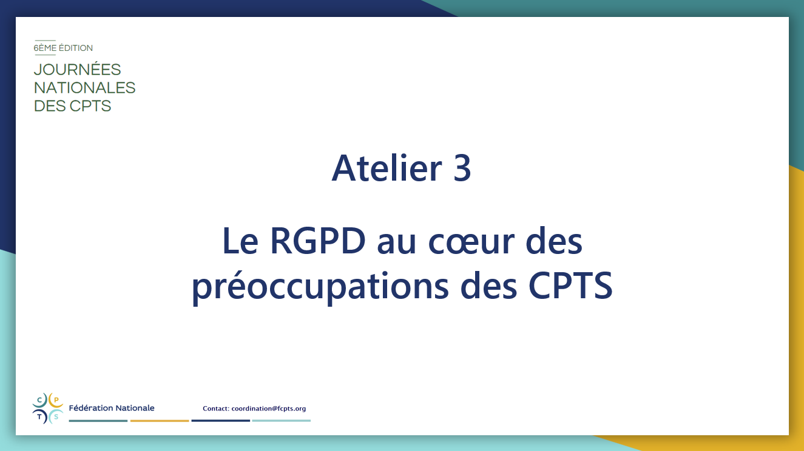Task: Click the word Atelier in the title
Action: coord(387,168)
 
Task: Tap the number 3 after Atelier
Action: coord(462,168)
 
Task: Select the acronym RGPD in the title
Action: coord(317,241)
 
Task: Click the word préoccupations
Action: coord(320,286)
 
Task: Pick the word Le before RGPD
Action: coord(240,241)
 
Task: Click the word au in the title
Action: coord(397,243)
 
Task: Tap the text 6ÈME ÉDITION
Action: coord(63,48)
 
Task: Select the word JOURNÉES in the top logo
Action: coord(77,70)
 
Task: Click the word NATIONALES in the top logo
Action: coord(84,88)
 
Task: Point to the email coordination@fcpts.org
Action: coord(268,409)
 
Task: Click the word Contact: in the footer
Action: coord(216,409)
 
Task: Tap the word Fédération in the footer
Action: coord(91,408)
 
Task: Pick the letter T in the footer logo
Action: coord(40,417)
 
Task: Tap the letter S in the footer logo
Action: coord(56,417)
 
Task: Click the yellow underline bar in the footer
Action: coord(160,421)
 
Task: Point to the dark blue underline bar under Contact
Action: coord(221,421)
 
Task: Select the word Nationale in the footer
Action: coord(135,408)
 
